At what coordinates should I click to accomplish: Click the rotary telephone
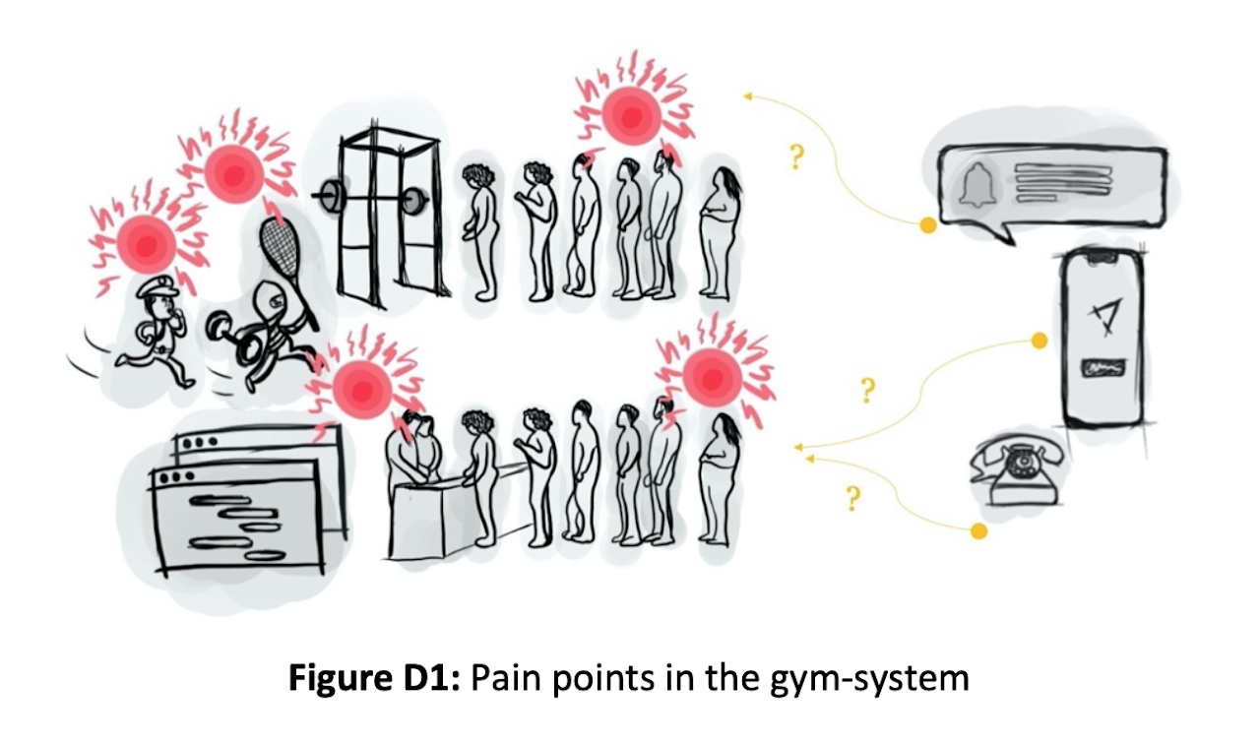pos(1020,471)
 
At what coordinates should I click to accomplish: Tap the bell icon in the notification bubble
pos(977,184)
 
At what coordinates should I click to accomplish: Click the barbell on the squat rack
pos(371,199)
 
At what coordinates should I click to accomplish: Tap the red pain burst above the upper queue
pos(631,114)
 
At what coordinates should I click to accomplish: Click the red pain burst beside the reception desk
pos(362,387)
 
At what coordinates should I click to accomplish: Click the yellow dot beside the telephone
pos(978,531)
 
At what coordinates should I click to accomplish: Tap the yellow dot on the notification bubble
pos(927,225)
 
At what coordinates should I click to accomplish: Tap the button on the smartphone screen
pos(1103,370)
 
